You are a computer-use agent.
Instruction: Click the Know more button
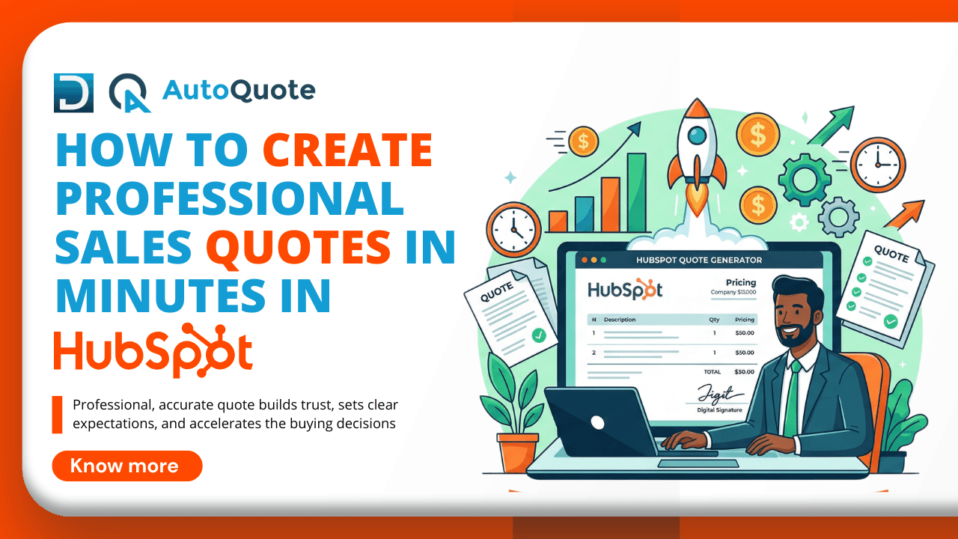tap(126, 466)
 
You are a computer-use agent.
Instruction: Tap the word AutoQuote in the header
tap(239, 91)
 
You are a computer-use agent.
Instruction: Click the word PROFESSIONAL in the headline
tap(230, 199)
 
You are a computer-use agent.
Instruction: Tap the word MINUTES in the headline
tap(152, 296)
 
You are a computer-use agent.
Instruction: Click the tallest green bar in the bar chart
tap(636, 192)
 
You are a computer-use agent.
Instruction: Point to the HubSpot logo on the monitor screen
tap(624, 290)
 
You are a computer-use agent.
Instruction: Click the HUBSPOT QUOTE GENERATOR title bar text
tap(698, 260)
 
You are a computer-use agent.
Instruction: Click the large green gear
tap(805, 179)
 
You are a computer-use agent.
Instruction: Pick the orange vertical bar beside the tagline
tap(57, 415)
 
